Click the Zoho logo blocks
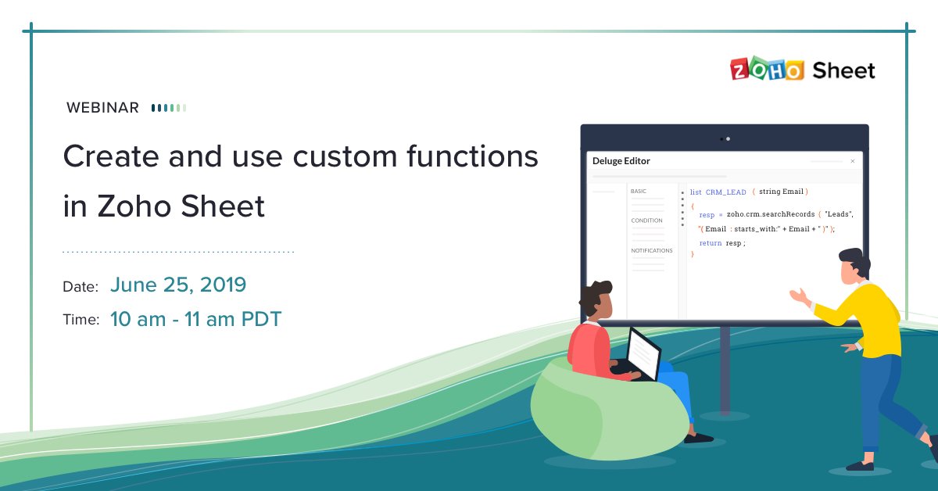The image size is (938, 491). [767, 69]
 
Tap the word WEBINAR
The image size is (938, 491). [102, 108]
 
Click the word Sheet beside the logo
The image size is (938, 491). [843, 70]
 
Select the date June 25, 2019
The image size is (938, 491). [178, 285]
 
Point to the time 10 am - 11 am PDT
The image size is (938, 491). [196, 319]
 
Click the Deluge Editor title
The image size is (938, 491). [621, 161]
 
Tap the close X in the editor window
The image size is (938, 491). [853, 161]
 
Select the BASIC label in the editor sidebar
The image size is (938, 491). [638, 191]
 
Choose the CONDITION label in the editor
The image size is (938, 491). [646, 220]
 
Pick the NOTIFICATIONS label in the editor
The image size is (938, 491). [652, 250]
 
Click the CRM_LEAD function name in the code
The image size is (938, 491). [725, 192]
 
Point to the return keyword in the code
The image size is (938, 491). [711, 243]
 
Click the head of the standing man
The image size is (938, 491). [854, 266]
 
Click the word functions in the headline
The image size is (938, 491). [472, 156]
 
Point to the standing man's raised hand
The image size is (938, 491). [800, 296]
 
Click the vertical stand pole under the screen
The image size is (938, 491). [725, 370]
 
